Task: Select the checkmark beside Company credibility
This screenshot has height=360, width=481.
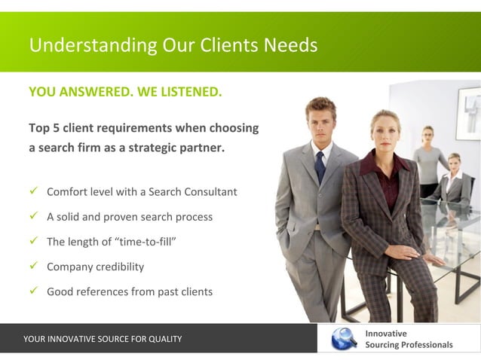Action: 34,267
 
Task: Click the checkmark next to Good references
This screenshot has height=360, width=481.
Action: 34,291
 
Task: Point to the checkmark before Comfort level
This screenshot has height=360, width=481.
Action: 34,191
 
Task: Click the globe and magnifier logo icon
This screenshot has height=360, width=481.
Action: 344,338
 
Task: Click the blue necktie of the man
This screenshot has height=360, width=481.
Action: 320,166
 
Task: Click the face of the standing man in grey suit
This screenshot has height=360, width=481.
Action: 321,120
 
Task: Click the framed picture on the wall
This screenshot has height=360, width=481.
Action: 467,113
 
